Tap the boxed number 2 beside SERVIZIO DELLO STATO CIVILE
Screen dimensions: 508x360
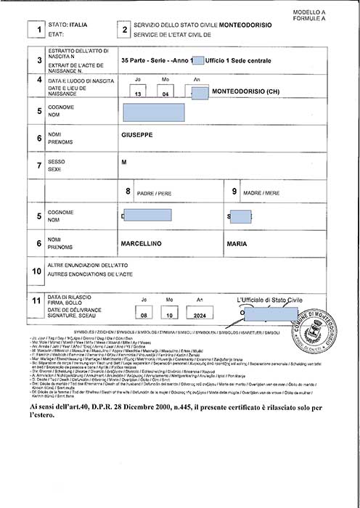coord(125,30)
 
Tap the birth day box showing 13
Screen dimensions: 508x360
coord(138,94)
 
